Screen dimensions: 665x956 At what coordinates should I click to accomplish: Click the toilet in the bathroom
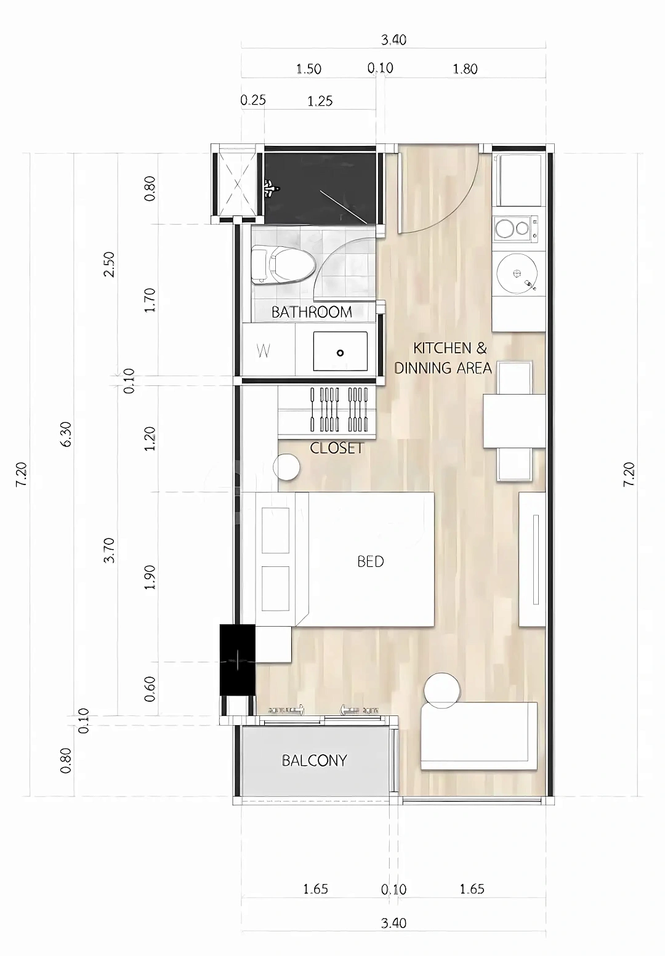click(282, 265)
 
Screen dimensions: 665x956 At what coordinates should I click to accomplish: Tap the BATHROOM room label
click(312, 312)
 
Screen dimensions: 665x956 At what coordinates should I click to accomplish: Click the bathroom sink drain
click(340, 353)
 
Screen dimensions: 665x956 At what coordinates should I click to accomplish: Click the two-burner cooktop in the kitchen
click(515, 228)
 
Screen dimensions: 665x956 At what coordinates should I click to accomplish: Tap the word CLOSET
click(337, 448)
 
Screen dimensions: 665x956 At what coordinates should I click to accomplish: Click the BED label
click(371, 561)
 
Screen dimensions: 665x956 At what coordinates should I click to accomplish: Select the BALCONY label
click(314, 760)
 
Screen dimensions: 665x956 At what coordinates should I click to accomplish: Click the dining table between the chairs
click(514, 421)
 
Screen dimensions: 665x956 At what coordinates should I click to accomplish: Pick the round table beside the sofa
click(442, 691)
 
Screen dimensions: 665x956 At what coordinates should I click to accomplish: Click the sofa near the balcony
click(479, 736)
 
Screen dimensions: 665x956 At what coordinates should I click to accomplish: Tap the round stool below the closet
click(286, 467)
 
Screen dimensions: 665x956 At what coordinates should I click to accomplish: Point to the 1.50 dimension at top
click(308, 69)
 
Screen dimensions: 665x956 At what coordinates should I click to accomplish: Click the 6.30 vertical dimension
click(66, 435)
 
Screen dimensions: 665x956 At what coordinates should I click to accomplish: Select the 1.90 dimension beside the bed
click(150, 577)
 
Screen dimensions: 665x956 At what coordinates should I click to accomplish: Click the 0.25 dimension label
click(253, 100)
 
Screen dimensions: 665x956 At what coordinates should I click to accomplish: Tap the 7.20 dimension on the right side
click(629, 474)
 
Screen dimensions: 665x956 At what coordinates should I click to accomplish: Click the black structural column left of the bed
click(237, 660)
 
